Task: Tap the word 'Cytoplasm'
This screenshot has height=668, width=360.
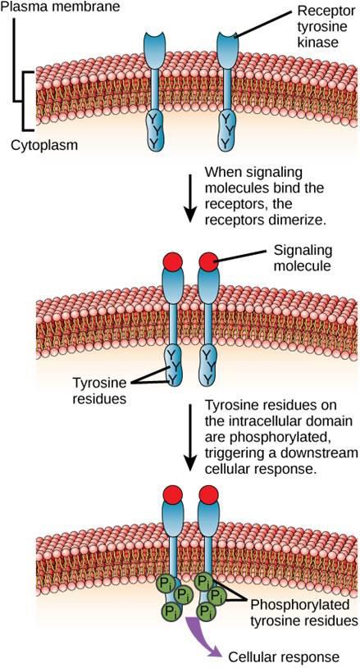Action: [x=44, y=145]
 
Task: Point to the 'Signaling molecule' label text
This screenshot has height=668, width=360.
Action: [x=302, y=257]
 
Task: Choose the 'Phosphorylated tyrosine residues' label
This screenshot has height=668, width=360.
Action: [x=303, y=612]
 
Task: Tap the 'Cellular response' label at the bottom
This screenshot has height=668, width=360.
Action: [x=285, y=657]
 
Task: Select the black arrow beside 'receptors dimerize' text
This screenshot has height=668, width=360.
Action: [x=191, y=197]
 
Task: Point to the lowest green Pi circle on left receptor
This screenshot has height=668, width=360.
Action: [x=170, y=611]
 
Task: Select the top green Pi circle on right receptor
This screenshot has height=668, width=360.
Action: [x=203, y=581]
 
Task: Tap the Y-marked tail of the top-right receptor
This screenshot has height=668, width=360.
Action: [x=226, y=130]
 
